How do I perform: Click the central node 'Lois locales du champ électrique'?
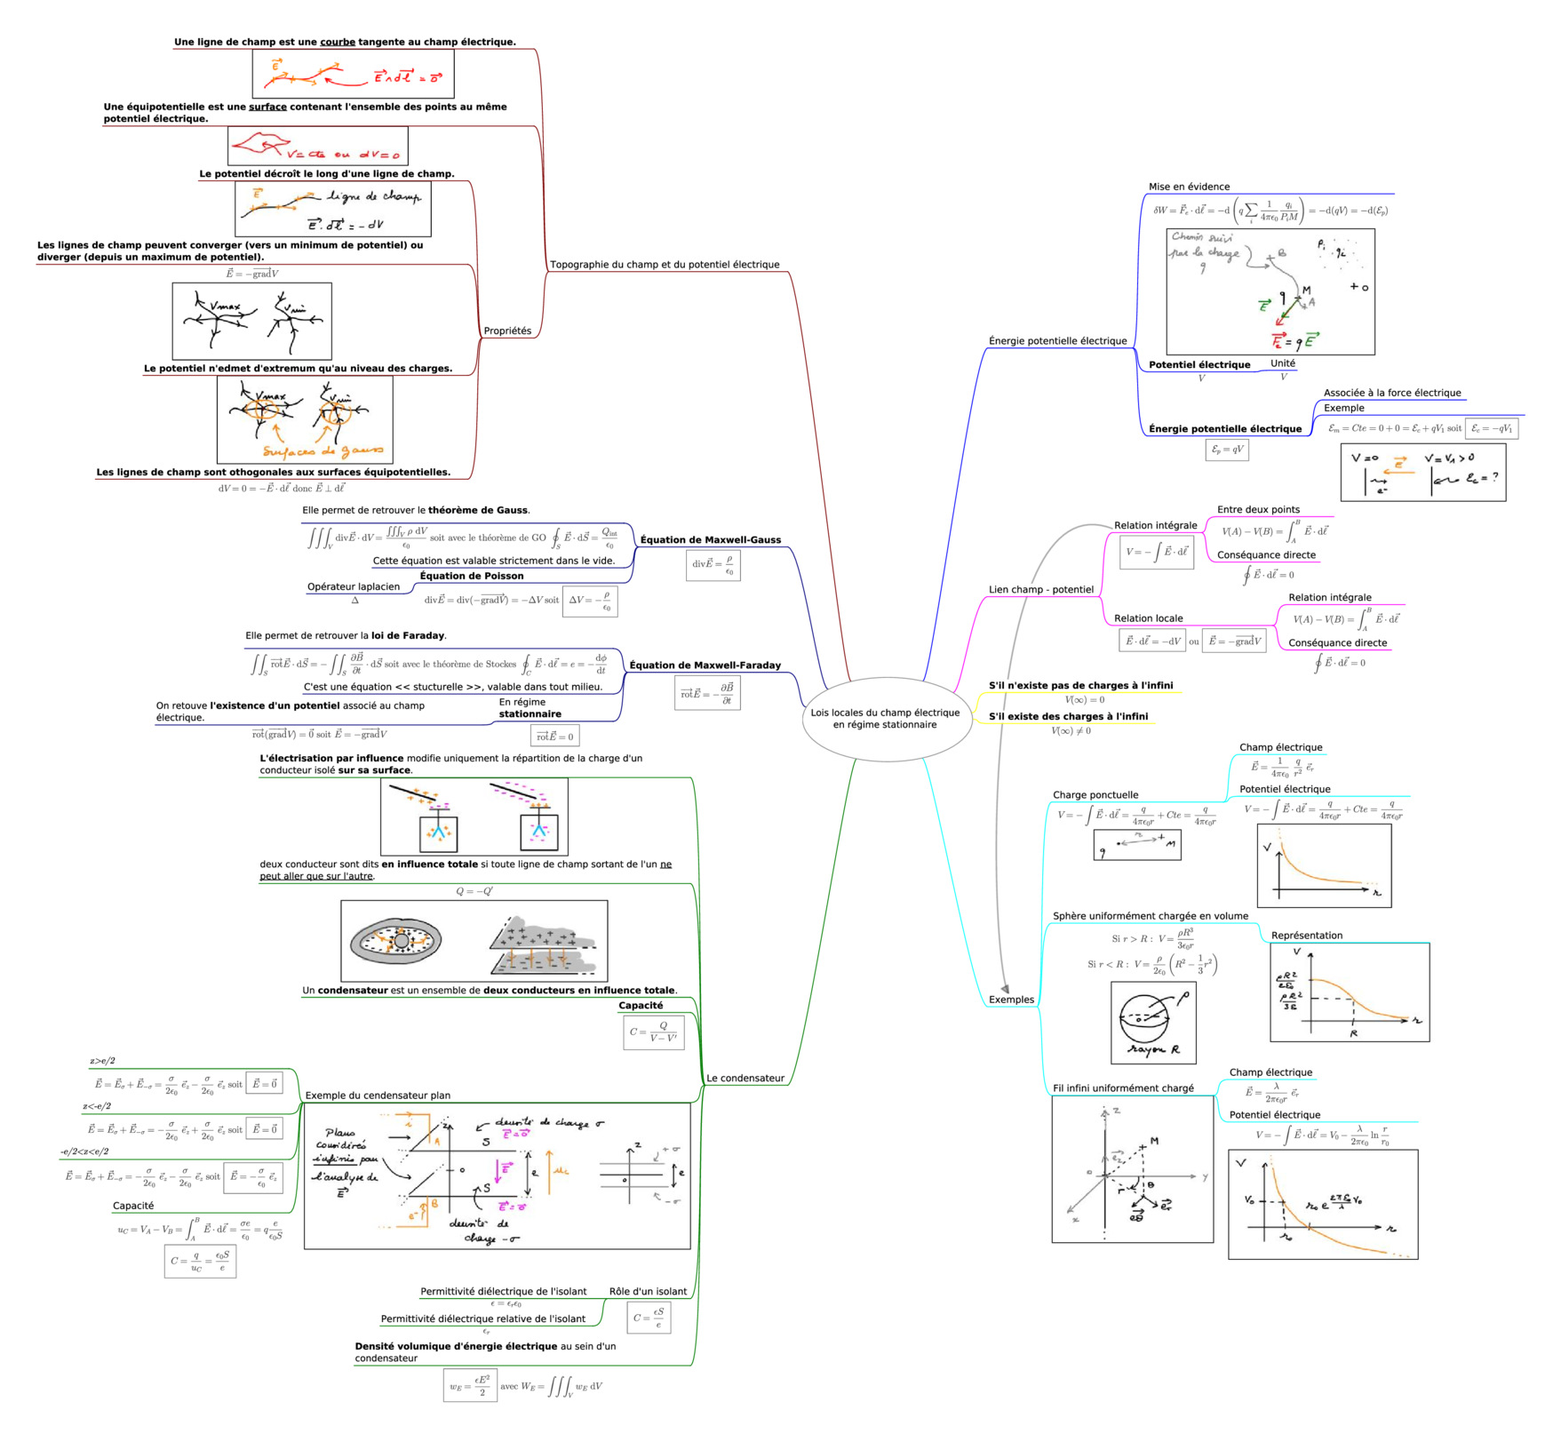(885, 718)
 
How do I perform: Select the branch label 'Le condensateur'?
(745, 1078)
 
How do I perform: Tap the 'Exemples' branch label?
(1011, 1000)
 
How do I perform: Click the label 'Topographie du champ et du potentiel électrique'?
(665, 265)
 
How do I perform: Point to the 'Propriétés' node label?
(507, 331)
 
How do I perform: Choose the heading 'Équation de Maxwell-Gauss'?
(711, 539)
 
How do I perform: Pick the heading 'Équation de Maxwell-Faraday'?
(705, 665)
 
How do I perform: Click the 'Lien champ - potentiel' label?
(1041, 589)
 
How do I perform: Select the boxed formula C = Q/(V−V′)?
(654, 1032)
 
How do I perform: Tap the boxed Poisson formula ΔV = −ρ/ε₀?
(590, 601)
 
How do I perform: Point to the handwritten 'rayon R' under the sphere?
(1153, 1050)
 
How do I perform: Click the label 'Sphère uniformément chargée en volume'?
(1150, 916)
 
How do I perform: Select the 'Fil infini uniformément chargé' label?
(1123, 1087)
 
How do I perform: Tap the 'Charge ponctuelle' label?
(1095, 794)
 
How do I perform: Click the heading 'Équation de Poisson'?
(472, 576)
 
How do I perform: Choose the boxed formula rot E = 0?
(555, 736)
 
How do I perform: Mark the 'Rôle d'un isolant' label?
(648, 1291)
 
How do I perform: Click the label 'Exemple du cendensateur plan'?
(378, 1095)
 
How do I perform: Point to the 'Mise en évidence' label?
(1189, 187)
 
